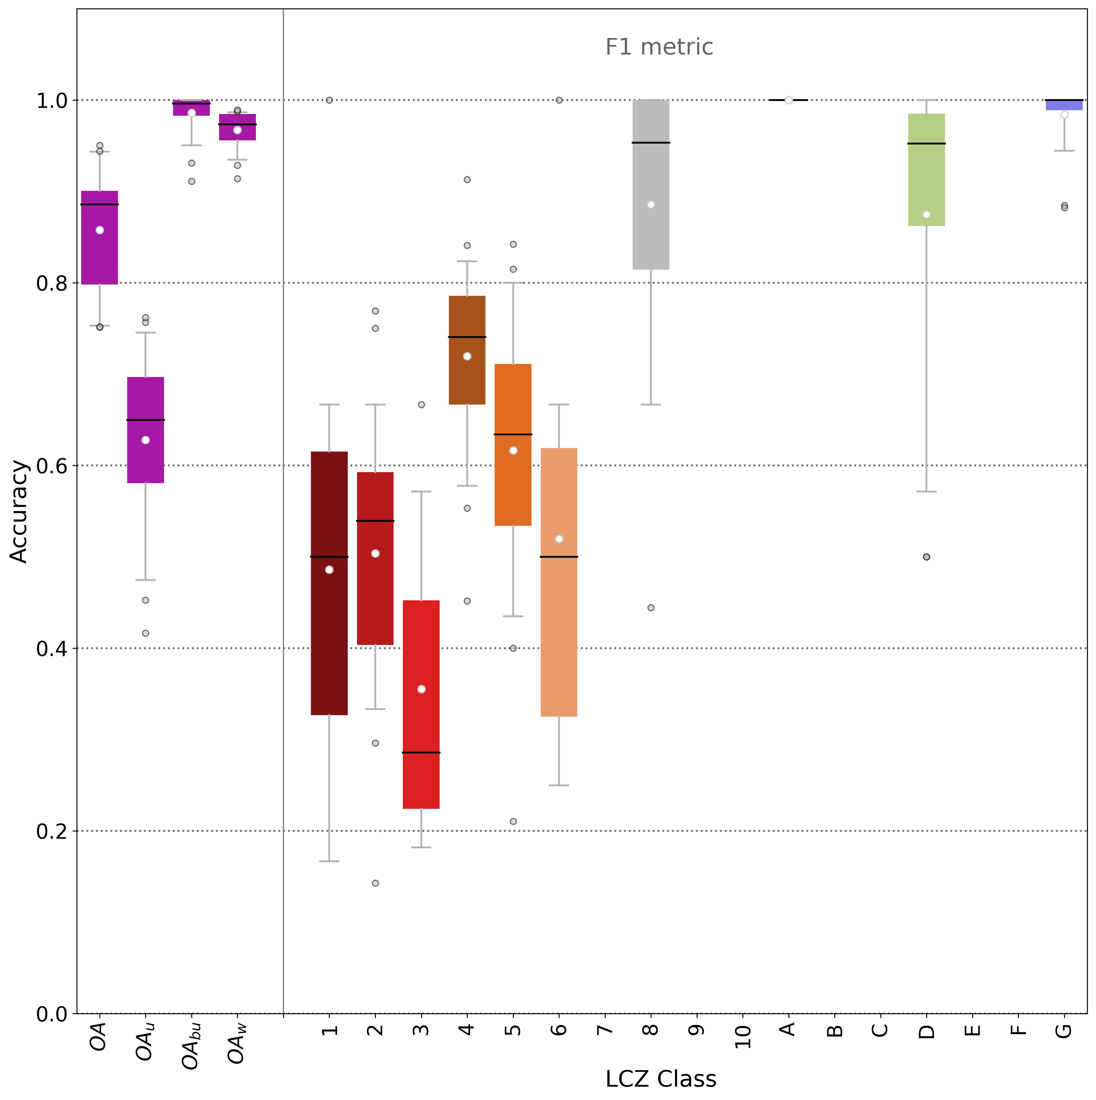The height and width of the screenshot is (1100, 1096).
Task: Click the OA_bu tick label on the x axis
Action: (191, 1046)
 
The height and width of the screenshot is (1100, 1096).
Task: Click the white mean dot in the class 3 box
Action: (421, 689)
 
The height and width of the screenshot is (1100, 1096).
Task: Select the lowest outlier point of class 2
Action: (375, 883)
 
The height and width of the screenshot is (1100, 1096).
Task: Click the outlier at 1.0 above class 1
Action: (329, 100)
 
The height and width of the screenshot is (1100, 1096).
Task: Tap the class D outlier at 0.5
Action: (926, 557)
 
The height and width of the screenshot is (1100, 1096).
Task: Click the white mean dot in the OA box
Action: (100, 230)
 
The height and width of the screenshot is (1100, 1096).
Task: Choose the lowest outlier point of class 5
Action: (513, 821)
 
